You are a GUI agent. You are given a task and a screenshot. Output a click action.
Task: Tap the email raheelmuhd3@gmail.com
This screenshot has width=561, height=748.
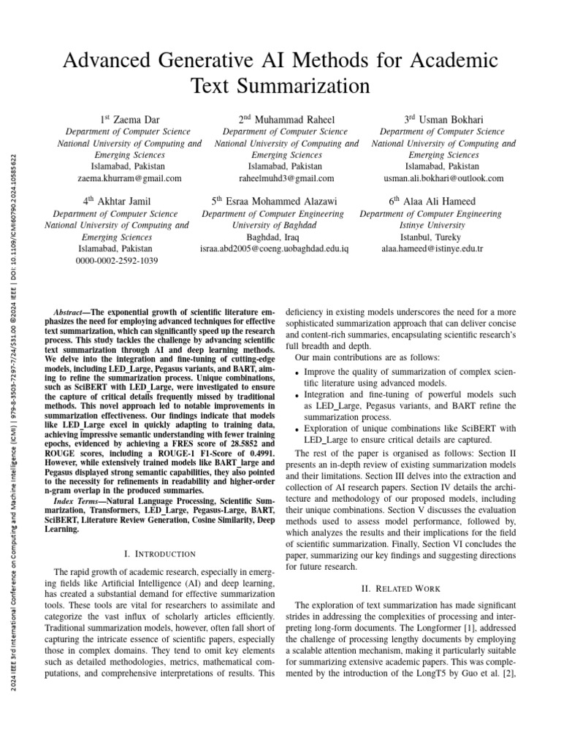tap(286, 178)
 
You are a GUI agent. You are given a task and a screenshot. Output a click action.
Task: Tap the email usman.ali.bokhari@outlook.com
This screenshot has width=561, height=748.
tap(443, 178)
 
